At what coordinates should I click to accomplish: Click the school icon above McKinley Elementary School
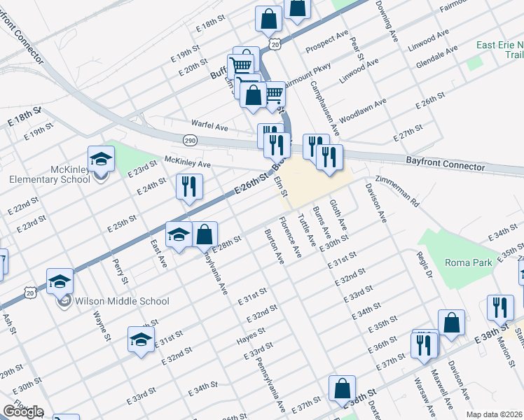coord(101,160)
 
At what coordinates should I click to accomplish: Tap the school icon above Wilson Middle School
coord(60,282)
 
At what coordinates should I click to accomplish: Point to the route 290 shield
coord(189,141)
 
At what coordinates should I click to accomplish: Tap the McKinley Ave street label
coord(187,164)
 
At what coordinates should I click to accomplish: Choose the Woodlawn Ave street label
coord(362,111)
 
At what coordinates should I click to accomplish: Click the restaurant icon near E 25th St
coord(189,186)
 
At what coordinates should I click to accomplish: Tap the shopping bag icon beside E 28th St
coord(204,234)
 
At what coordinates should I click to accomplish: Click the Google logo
coord(22,412)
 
